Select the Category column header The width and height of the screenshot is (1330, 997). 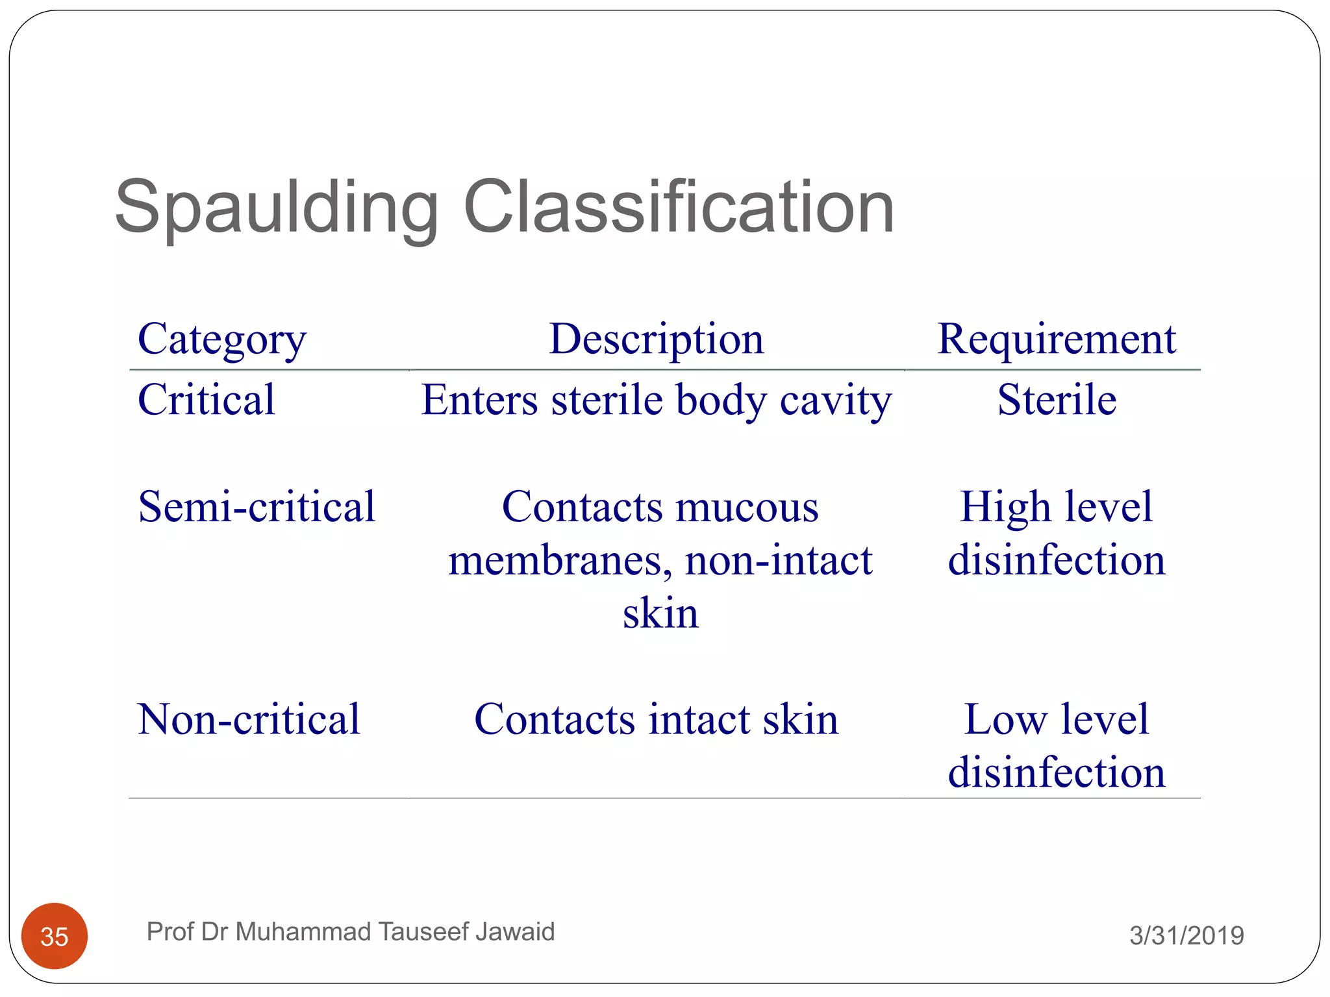[x=221, y=339]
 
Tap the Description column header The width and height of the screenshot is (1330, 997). [x=656, y=339]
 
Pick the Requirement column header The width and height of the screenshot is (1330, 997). [x=1056, y=339]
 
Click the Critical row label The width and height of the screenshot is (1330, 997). [x=207, y=399]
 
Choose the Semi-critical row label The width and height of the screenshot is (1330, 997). [x=257, y=506]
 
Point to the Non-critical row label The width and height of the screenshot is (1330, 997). [x=249, y=719]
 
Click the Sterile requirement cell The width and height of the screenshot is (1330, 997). [x=1057, y=399]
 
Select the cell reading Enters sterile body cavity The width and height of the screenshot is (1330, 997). [x=656, y=400]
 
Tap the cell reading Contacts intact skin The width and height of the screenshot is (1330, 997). [x=656, y=719]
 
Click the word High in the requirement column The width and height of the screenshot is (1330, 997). [x=1005, y=507]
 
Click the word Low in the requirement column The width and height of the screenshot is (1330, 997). [x=1005, y=719]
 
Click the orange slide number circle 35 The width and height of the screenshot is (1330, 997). [x=55, y=936]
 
